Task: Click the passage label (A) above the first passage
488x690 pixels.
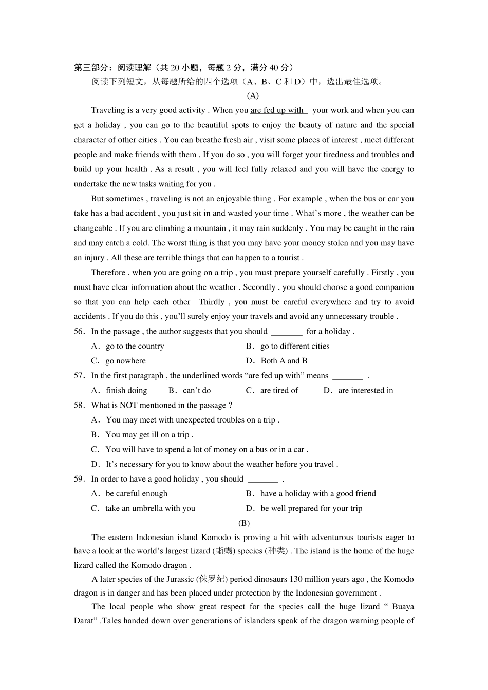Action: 252,95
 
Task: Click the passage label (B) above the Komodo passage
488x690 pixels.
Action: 244,523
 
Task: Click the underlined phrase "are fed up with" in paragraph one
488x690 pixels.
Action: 277,110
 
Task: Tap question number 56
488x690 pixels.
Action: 79,332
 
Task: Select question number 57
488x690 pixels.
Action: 79,376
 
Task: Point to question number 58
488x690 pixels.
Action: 79,405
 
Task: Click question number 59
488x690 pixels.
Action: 79,479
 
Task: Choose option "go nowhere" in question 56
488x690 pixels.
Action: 125,361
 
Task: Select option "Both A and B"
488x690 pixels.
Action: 284,361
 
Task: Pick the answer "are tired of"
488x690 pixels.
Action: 279,391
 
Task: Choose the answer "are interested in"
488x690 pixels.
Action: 365,391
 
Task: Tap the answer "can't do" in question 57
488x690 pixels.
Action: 197,391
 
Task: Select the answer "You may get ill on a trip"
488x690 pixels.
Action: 148,435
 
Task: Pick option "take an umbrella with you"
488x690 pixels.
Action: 150,509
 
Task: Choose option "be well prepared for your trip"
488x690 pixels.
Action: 311,509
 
